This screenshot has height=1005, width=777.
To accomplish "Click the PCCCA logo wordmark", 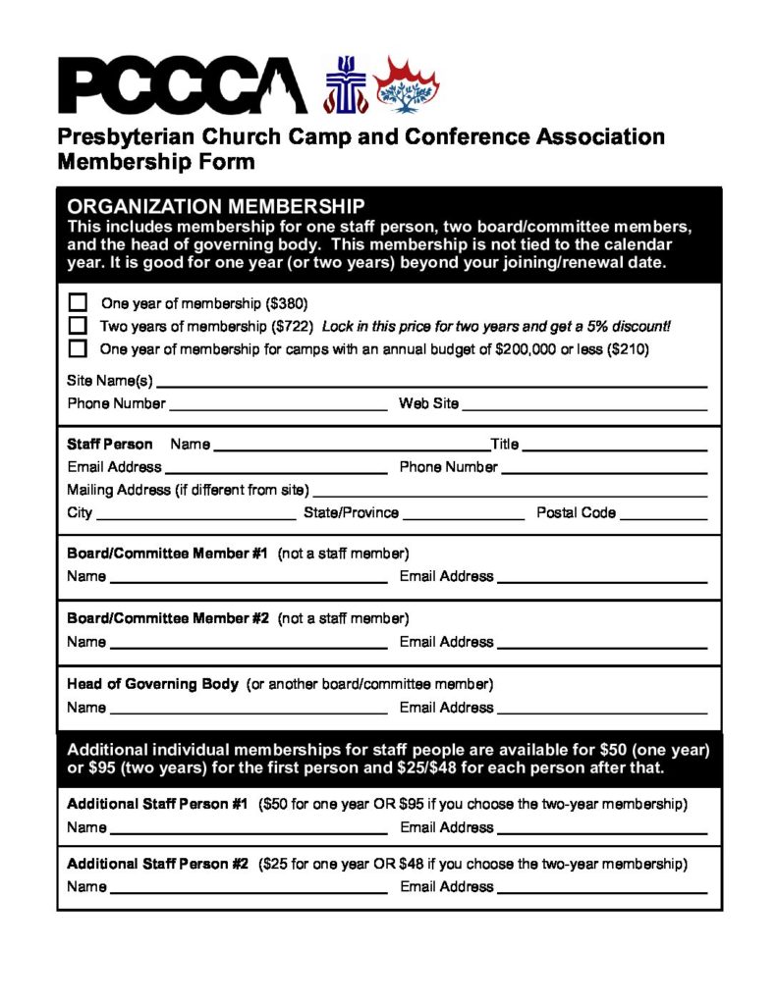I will pos(183,85).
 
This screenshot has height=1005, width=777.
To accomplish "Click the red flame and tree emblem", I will pos(407,84).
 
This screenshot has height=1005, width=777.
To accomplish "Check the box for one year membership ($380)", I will pos(78,302).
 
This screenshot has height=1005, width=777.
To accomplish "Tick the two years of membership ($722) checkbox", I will pos(78,325).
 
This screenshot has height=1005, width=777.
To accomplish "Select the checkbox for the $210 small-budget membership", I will pos(78,348).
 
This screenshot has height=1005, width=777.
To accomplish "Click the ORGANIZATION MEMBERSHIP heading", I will pos(215,206).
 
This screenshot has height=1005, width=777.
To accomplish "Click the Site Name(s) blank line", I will pos(431,382).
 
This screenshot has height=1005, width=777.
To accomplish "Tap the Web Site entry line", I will pos(584,404).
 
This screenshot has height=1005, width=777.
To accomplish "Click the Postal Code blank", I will pos(663,514).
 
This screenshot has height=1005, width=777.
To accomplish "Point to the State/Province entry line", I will pos(464,514).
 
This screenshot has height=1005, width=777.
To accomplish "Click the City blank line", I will pos(195,514).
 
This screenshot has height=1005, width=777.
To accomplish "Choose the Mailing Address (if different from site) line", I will pos(510,492).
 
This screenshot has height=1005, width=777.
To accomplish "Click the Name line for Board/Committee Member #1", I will pos(249,578).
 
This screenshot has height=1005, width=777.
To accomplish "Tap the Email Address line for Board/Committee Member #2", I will pos(601,644).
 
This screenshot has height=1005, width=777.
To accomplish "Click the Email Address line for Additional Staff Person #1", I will pos(602,829).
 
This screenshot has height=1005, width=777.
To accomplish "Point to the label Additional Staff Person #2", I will pos(157,865).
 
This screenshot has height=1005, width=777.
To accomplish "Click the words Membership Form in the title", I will pos(156,161).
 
